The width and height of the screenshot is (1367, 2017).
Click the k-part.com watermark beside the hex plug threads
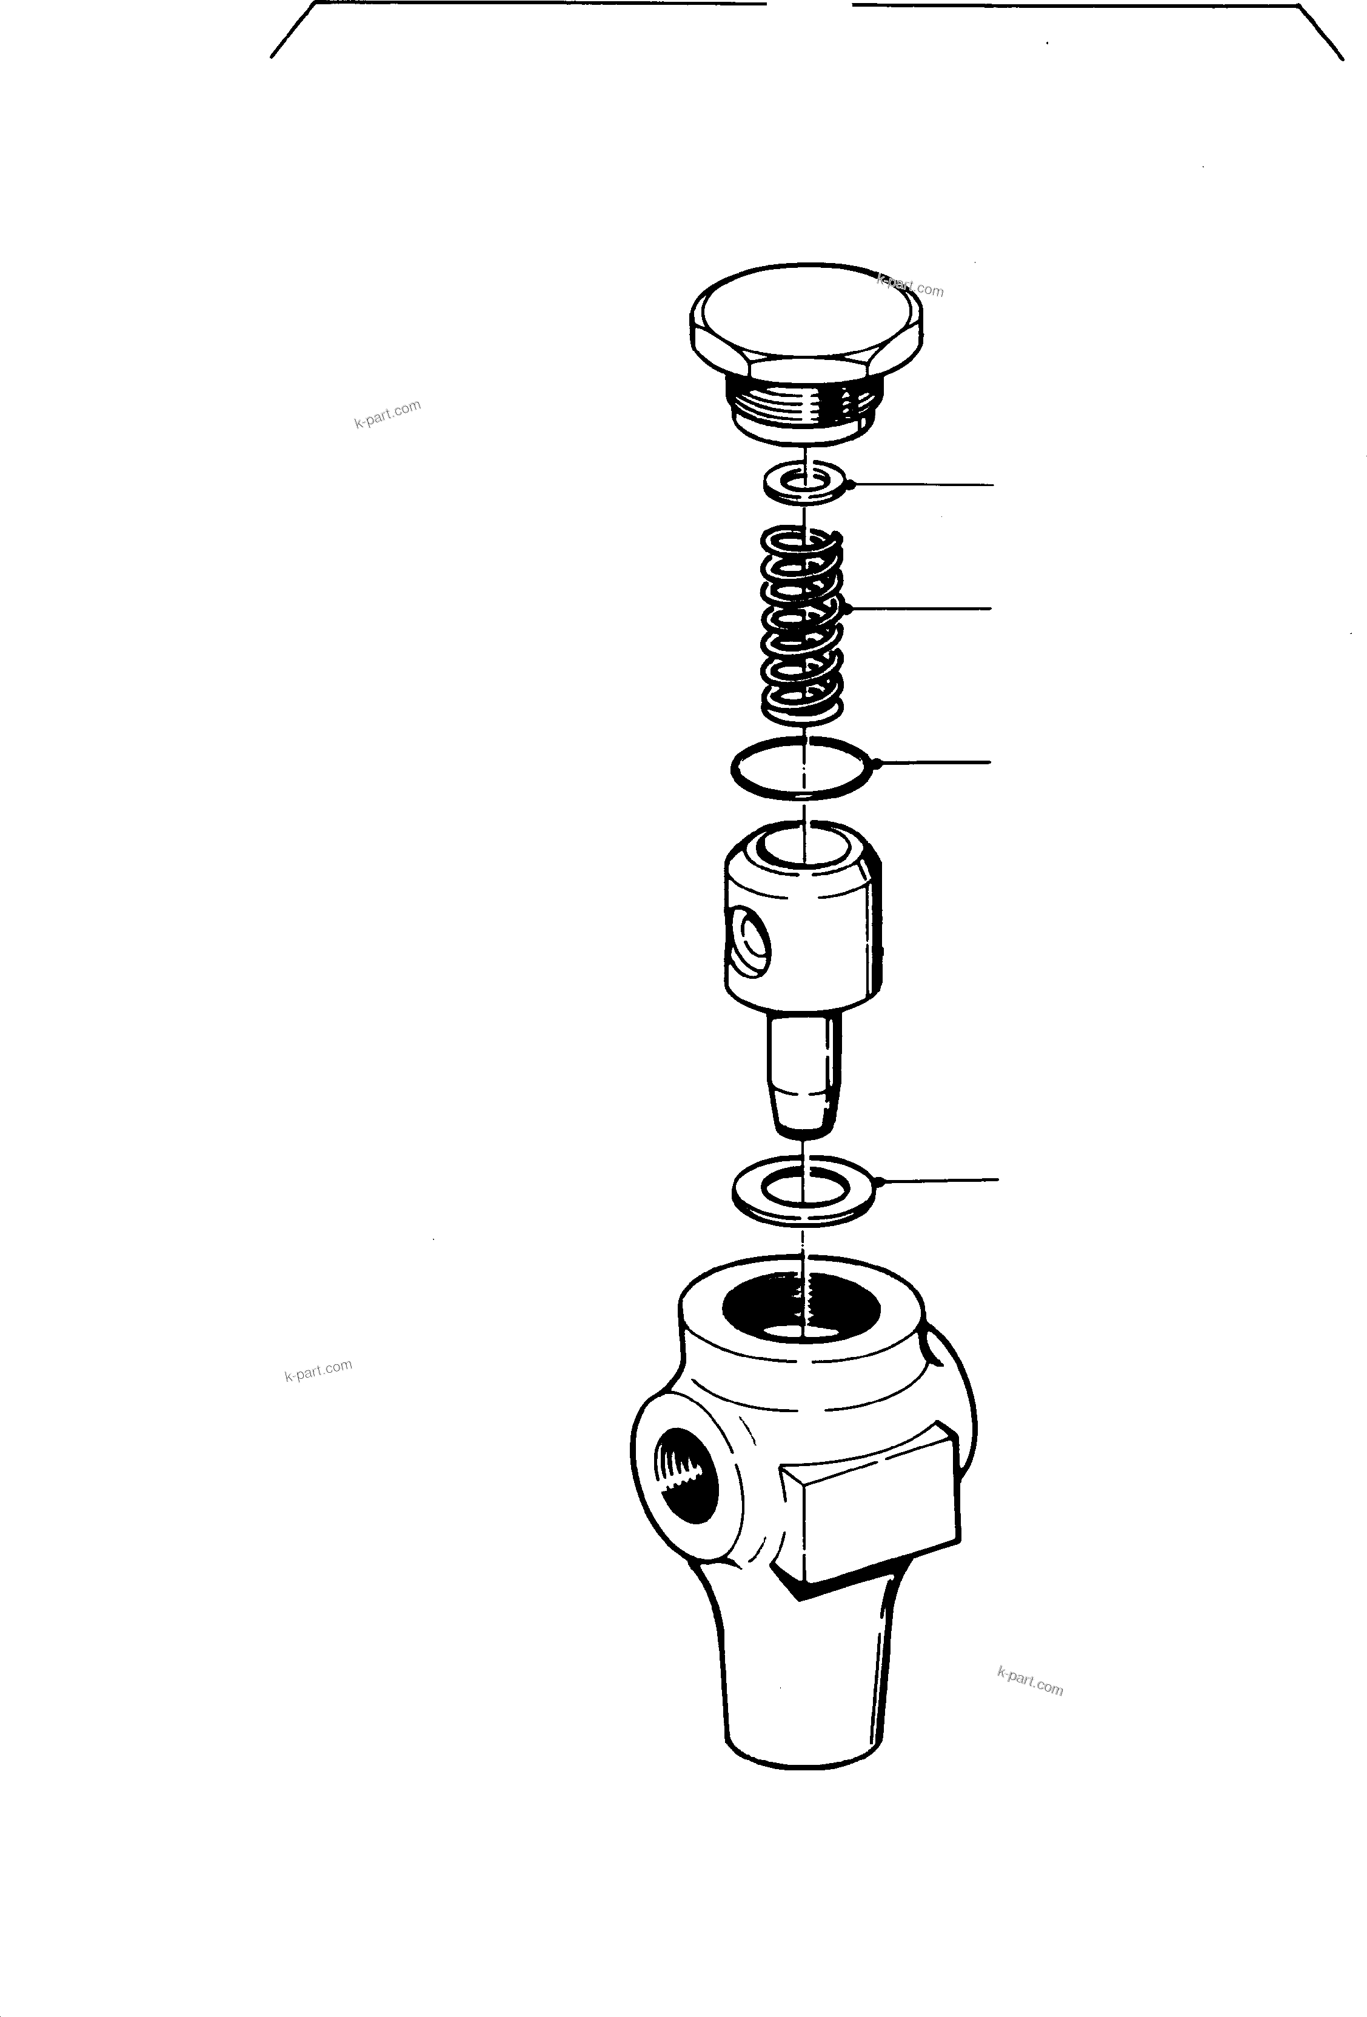(x=387, y=414)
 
